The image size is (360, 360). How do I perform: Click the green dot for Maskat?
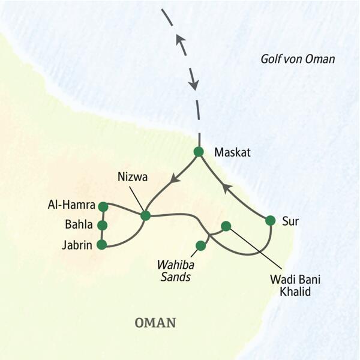click(199, 152)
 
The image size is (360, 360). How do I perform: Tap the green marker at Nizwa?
click(145, 215)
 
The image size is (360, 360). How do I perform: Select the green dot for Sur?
click(270, 221)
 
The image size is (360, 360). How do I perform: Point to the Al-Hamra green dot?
click(103, 206)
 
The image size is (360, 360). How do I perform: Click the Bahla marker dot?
click(102, 226)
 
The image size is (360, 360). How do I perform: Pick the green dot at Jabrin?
click(101, 244)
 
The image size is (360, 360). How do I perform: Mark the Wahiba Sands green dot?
click(201, 245)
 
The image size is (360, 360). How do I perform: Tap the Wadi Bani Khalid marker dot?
click(226, 226)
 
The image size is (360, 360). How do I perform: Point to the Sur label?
click(290, 221)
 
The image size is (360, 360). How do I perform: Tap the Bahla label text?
click(80, 226)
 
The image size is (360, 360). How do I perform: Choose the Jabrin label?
click(79, 244)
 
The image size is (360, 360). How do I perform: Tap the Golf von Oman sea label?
click(298, 59)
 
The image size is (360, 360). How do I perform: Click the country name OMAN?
click(155, 323)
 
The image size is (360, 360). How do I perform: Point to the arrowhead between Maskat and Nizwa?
click(174, 178)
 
